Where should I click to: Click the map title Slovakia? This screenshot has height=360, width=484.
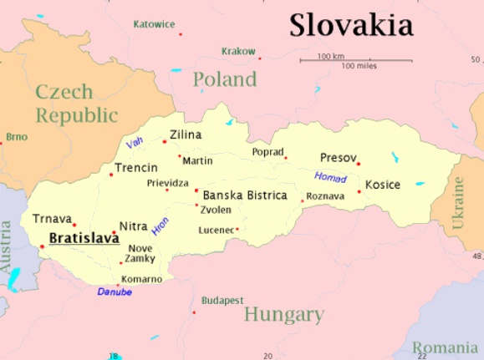(351, 25)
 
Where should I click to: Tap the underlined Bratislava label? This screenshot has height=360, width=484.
(84, 239)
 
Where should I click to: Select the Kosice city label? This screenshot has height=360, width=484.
(383, 185)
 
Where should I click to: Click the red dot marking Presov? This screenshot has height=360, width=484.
(359, 164)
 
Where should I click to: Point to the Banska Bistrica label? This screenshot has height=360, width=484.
(245, 195)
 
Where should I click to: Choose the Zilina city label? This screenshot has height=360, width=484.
(186, 134)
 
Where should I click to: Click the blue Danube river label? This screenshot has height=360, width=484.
(115, 292)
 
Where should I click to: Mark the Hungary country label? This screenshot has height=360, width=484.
(283, 315)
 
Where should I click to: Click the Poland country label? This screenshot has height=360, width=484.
(225, 80)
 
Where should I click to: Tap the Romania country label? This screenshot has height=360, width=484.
(446, 347)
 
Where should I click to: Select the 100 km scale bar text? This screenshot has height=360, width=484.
(331, 56)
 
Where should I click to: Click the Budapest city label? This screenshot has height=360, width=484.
(222, 300)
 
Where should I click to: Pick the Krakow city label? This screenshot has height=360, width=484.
(238, 52)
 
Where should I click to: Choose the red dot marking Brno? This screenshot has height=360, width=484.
(2, 144)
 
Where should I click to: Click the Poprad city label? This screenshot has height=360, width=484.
(267, 152)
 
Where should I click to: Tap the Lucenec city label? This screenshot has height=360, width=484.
(216, 230)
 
